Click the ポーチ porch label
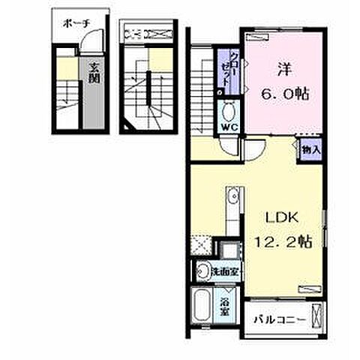point(76,24)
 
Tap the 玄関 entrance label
point(94,73)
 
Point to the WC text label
point(229,127)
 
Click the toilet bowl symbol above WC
point(228,112)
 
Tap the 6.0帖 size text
point(285,94)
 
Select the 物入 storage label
point(311,150)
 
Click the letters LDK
point(282,217)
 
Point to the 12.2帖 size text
point(283,241)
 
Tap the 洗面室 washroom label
point(226,271)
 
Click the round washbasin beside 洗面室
point(203,271)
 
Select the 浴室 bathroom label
point(224,307)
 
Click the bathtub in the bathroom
point(202,305)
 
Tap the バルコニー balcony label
point(280,319)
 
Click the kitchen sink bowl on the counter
point(234,196)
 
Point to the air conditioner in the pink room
point(257,37)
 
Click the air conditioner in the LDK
point(310,289)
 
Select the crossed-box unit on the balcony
point(316,316)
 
